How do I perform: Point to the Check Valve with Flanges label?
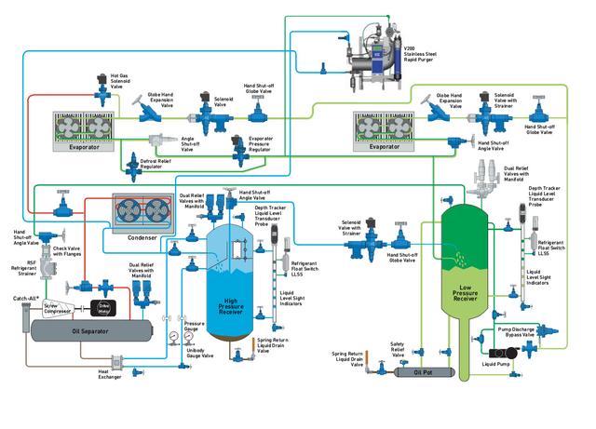(x=69, y=250)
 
